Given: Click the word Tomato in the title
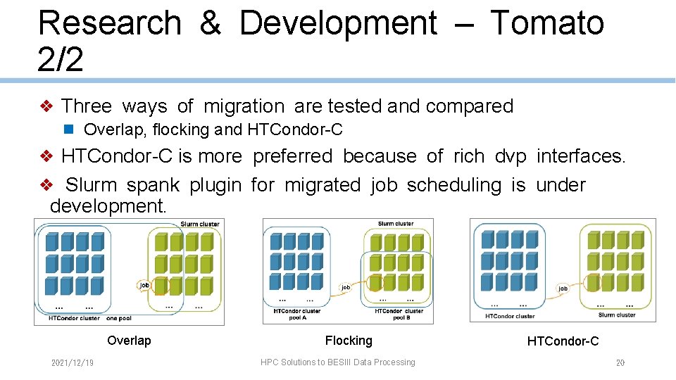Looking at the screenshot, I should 546,23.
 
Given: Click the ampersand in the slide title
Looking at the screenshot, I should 210,23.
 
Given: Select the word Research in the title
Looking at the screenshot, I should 109,23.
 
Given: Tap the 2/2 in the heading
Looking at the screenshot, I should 61,60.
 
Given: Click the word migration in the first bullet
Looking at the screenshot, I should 244,106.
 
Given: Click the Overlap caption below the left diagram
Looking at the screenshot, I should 129,341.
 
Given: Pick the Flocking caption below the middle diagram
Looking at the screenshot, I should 349,341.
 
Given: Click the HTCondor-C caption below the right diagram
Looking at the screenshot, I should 563,341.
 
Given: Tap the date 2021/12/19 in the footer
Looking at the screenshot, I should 73,362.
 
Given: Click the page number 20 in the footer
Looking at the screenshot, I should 620,362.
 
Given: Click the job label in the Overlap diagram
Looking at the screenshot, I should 144,285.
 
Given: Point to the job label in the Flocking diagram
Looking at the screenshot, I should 346,287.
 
